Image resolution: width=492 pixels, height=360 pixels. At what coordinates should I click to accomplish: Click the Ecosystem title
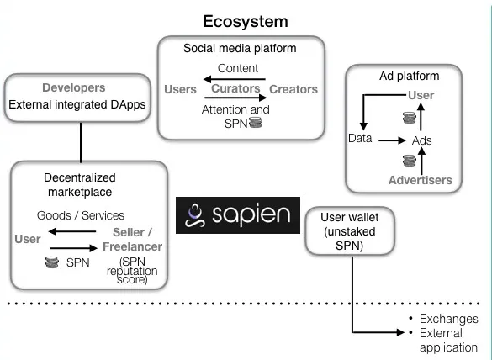click(246, 22)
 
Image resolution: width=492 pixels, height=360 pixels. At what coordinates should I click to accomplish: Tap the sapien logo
click(238, 215)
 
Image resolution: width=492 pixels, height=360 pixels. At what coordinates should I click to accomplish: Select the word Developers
click(74, 87)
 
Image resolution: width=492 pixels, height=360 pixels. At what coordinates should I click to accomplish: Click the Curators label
click(235, 88)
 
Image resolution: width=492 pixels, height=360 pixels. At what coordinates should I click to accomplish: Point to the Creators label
click(294, 89)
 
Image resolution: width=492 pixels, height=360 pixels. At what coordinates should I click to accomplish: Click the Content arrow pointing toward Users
click(235, 79)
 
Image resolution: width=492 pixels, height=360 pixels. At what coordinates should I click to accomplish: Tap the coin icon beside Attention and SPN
click(256, 123)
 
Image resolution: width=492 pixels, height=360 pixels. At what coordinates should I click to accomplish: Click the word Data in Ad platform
click(360, 138)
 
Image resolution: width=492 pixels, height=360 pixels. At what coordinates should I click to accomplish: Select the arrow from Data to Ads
click(392, 140)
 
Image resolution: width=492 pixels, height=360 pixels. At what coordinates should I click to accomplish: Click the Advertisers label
click(421, 180)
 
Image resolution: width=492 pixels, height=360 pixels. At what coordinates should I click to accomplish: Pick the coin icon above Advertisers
click(410, 161)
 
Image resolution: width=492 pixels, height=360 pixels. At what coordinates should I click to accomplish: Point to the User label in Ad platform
click(421, 95)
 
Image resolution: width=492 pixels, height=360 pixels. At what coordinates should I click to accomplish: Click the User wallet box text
click(350, 231)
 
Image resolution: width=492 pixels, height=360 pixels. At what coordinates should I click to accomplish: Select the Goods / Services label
click(81, 215)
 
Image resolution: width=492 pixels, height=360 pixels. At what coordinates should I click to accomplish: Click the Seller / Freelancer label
click(132, 240)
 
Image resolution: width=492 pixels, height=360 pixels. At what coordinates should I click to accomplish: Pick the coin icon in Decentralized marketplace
click(52, 262)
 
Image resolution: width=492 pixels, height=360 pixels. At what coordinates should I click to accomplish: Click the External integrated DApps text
click(77, 104)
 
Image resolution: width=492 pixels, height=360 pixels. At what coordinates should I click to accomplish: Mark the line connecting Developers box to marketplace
click(81, 142)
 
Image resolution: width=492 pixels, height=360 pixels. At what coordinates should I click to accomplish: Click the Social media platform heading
click(240, 48)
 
